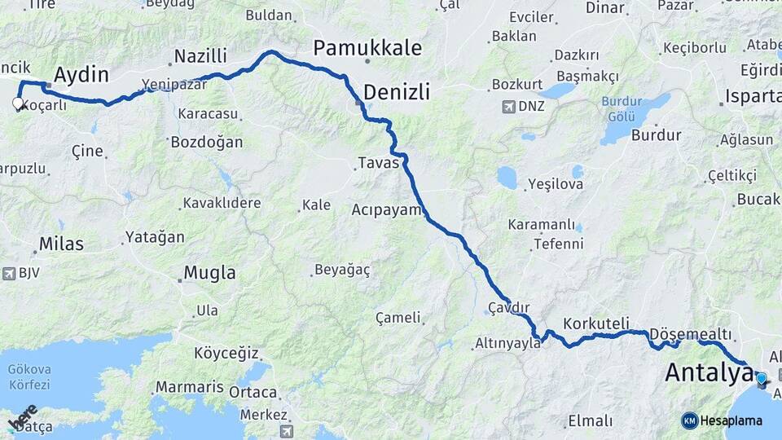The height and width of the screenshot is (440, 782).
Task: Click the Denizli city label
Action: click(x=397, y=91)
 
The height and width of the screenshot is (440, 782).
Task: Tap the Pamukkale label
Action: click(x=367, y=47)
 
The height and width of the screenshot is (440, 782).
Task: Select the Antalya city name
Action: click(x=708, y=372)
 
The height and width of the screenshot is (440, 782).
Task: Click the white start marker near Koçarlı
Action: click(x=18, y=103)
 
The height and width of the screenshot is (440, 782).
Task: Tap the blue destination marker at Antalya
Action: click(x=761, y=378)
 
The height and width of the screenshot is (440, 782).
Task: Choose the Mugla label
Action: click(x=209, y=273)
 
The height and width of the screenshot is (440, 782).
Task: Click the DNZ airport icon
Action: click(x=509, y=107)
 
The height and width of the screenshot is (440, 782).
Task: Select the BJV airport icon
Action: click(x=9, y=274)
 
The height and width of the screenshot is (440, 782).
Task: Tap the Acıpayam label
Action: click(x=386, y=209)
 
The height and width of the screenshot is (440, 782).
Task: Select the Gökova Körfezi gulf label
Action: click(x=29, y=377)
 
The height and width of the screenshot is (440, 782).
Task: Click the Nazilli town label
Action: click(x=200, y=56)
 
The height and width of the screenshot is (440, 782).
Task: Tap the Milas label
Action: click(x=62, y=244)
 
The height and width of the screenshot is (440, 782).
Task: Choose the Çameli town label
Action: click(x=398, y=317)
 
